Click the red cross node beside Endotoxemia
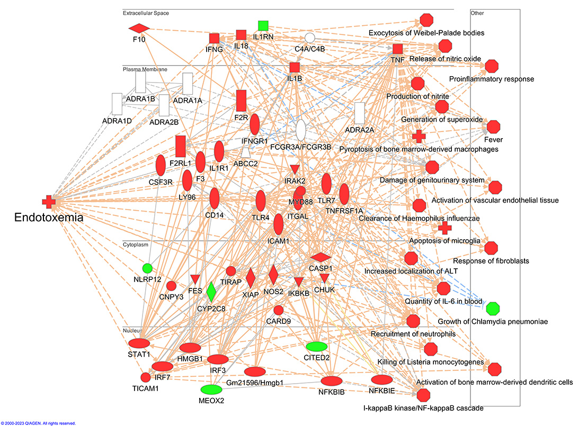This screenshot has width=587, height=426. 48,201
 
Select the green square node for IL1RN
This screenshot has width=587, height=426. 263,25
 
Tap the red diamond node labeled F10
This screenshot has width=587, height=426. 139,28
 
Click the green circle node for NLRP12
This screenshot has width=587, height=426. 147,268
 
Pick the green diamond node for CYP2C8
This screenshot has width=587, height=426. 211,292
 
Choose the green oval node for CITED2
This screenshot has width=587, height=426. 317,346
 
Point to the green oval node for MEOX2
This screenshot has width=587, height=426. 211,389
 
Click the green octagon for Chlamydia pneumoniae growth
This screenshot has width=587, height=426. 493,308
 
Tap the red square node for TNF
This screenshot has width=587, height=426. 398,49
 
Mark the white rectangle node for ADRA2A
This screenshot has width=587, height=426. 360,113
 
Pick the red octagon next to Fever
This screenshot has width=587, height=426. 493,127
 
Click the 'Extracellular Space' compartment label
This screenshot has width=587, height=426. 146,13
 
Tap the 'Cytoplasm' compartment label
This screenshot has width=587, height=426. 136,245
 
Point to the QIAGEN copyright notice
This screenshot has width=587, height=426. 38,423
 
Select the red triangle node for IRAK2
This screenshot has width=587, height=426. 295,170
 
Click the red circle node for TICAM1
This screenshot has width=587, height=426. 145,377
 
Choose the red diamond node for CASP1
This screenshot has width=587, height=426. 321,257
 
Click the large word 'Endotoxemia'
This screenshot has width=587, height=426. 49,217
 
